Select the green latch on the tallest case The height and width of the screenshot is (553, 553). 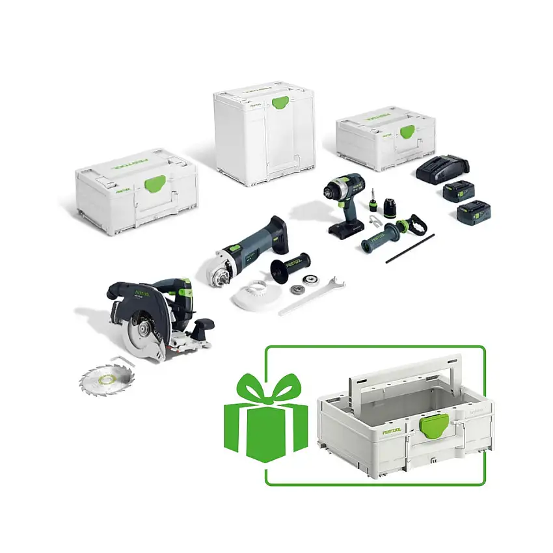pos(280,103)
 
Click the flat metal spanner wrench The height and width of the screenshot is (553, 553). pos(310,297)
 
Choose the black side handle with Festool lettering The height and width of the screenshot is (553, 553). pos(289,268)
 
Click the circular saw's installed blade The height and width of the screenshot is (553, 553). pos(144,332)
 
